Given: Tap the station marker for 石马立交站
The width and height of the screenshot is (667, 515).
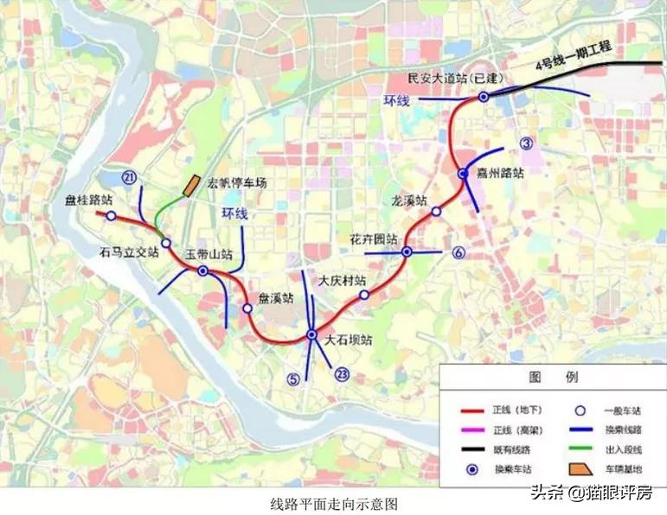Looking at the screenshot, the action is (x=165, y=243).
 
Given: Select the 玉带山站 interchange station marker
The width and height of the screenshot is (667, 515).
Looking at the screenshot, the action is (x=202, y=271).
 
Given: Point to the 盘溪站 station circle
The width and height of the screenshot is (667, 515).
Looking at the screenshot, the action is (x=247, y=308).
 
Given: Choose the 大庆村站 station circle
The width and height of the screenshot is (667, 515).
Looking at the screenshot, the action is (x=364, y=295).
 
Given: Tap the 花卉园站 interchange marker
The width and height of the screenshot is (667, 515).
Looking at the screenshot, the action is (x=407, y=251).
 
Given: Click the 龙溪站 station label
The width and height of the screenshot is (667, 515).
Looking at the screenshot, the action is (x=409, y=200).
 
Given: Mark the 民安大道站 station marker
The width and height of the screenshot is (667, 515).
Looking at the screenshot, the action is (x=484, y=97).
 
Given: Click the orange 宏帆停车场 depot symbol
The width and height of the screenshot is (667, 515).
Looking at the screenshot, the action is (x=189, y=186).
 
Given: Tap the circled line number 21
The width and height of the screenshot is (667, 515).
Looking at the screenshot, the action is (x=131, y=178).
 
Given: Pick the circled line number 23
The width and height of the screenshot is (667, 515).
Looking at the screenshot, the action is (x=343, y=374).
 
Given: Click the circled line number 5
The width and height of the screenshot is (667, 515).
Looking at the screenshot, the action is (x=294, y=378).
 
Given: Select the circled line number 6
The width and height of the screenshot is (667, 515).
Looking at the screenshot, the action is (x=459, y=252).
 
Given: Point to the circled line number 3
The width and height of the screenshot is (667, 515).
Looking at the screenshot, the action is (x=526, y=143).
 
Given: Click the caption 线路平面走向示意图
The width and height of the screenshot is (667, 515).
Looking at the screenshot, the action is (x=333, y=502).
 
